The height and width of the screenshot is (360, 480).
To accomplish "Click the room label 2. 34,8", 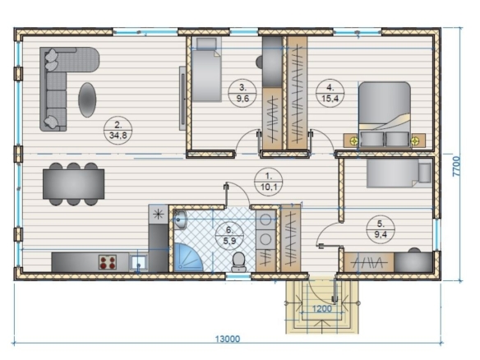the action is point(118,130).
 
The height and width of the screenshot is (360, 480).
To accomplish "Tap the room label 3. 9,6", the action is point(242,93).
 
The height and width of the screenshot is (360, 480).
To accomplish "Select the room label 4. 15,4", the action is point(330,93).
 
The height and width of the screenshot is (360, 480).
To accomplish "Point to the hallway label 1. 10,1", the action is point(269,182).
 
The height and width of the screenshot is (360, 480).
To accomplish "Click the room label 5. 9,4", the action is point(381,229).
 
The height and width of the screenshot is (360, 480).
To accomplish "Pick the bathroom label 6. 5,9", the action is point(229,236).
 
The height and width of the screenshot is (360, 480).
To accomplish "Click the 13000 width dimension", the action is point(228,339).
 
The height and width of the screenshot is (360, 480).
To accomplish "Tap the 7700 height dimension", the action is point(456,166).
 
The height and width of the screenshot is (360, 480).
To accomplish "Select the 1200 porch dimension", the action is point(321,308).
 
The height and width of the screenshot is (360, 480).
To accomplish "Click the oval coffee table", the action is point(87,99).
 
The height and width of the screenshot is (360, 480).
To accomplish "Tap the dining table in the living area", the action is point(73,184).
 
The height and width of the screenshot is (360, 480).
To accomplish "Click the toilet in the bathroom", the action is point(239,262).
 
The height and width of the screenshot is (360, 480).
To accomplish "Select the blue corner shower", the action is point(187,257).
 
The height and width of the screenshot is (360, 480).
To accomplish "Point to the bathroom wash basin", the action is point(181,219).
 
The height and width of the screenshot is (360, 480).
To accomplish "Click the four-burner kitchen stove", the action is point(108,262).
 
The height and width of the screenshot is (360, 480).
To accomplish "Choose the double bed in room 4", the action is point(385,115).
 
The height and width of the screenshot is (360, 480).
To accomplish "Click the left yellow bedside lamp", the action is point(354,141).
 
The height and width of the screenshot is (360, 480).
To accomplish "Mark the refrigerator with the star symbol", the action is point(159,214).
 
